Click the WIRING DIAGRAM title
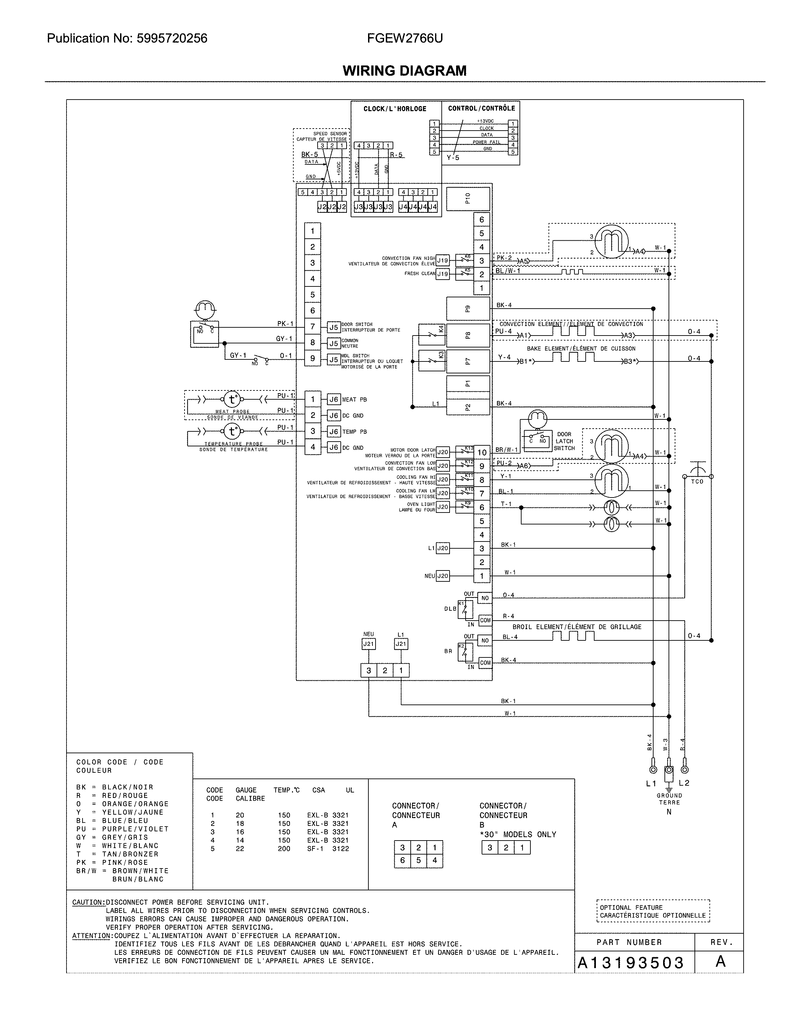tap(404, 71)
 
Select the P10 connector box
tap(468, 199)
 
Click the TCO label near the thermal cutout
tap(697, 481)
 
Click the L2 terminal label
tap(684, 783)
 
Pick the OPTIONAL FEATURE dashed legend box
tap(653, 911)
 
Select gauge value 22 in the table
tap(240, 848)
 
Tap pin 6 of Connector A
tap(402, 860)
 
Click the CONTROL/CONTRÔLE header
tap(481, 108)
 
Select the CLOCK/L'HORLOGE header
tap(395, 108)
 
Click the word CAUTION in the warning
tap(88, 902)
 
